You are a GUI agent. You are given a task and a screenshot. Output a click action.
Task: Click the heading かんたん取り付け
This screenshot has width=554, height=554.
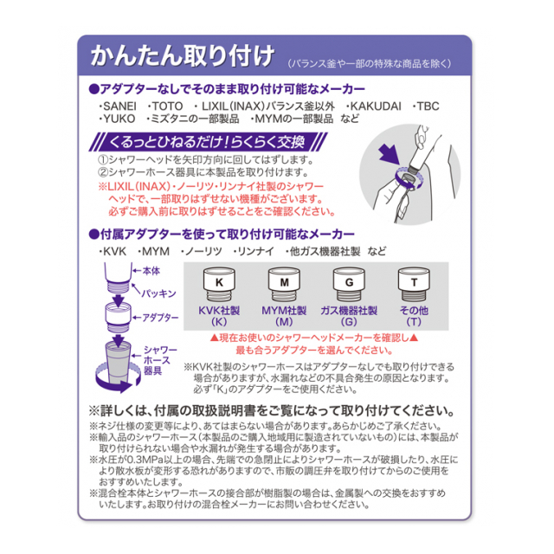pyautogui.click(x=183, y=55)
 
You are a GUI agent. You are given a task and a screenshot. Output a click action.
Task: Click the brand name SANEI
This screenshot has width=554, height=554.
pyautogui.click(x=119, y=106)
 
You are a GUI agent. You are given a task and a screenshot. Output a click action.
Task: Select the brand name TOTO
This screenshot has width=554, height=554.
pyautogui.click(x=167, y=106)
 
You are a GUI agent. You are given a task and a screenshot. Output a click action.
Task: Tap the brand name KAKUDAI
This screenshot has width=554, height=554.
pyautogui.click(x=376, y=106)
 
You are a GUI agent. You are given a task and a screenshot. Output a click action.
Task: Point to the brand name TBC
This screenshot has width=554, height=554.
pyautogui.click(x=428, y=106)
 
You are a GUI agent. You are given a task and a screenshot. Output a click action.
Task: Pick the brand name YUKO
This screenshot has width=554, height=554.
pyautogui.click(x=119, y=119)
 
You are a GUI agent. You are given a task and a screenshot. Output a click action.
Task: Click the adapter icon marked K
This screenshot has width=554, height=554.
pyautogui.click(x=219, y=284)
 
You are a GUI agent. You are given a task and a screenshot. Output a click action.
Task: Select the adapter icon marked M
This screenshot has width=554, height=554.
pyautogui.click(x=284, y=284)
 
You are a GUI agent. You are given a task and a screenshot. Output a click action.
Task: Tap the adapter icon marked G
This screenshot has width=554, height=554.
pyautogui.click(x=349, y=284)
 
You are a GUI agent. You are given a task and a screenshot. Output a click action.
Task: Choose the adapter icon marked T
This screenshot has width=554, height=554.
pyautogui.click(x=414, y=284)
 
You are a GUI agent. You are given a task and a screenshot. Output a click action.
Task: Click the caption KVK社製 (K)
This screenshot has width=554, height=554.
pyautogui.click(x=219, y=316)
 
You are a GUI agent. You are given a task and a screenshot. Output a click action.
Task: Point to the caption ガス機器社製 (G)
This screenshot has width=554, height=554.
pyautogui.click(x=349, y=316)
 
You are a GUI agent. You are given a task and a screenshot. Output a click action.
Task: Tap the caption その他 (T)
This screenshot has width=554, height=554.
pyautogui.click(x=414, y=316)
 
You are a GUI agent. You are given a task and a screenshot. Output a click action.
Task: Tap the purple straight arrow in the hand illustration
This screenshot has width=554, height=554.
pyautogui.click(x=389, y=155)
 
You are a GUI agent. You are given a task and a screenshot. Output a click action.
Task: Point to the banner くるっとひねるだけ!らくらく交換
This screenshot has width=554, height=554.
pyautogui.click(x=208, y=142)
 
